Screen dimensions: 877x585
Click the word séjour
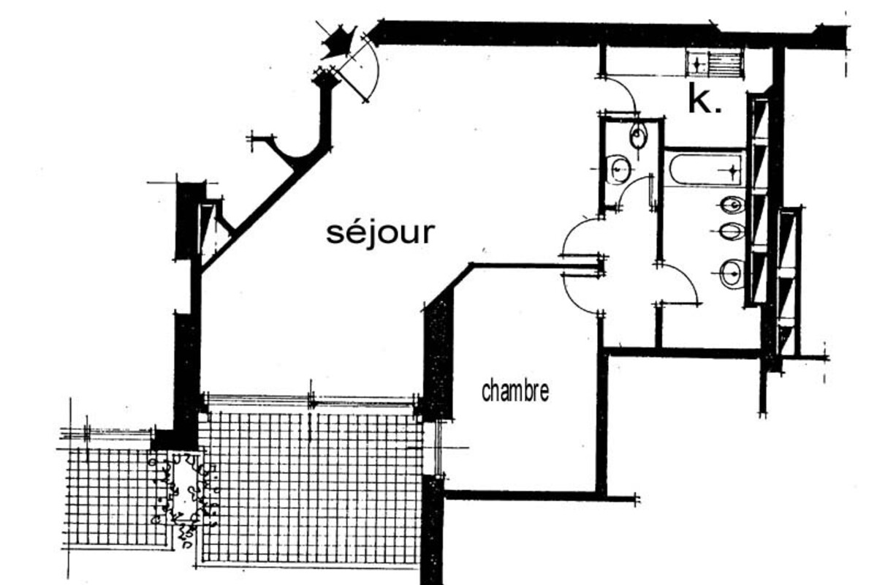coord(380,233)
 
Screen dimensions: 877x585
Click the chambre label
coord(515,391)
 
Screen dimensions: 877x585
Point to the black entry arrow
coord(338,42)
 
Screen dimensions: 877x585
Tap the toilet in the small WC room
coord(638,135)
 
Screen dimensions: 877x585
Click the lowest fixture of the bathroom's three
coord(731,274)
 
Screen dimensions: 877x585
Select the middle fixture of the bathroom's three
coord(731,233)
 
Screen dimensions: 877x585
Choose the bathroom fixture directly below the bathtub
coord(732,204)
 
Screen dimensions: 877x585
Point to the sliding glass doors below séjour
coord(312,401)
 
